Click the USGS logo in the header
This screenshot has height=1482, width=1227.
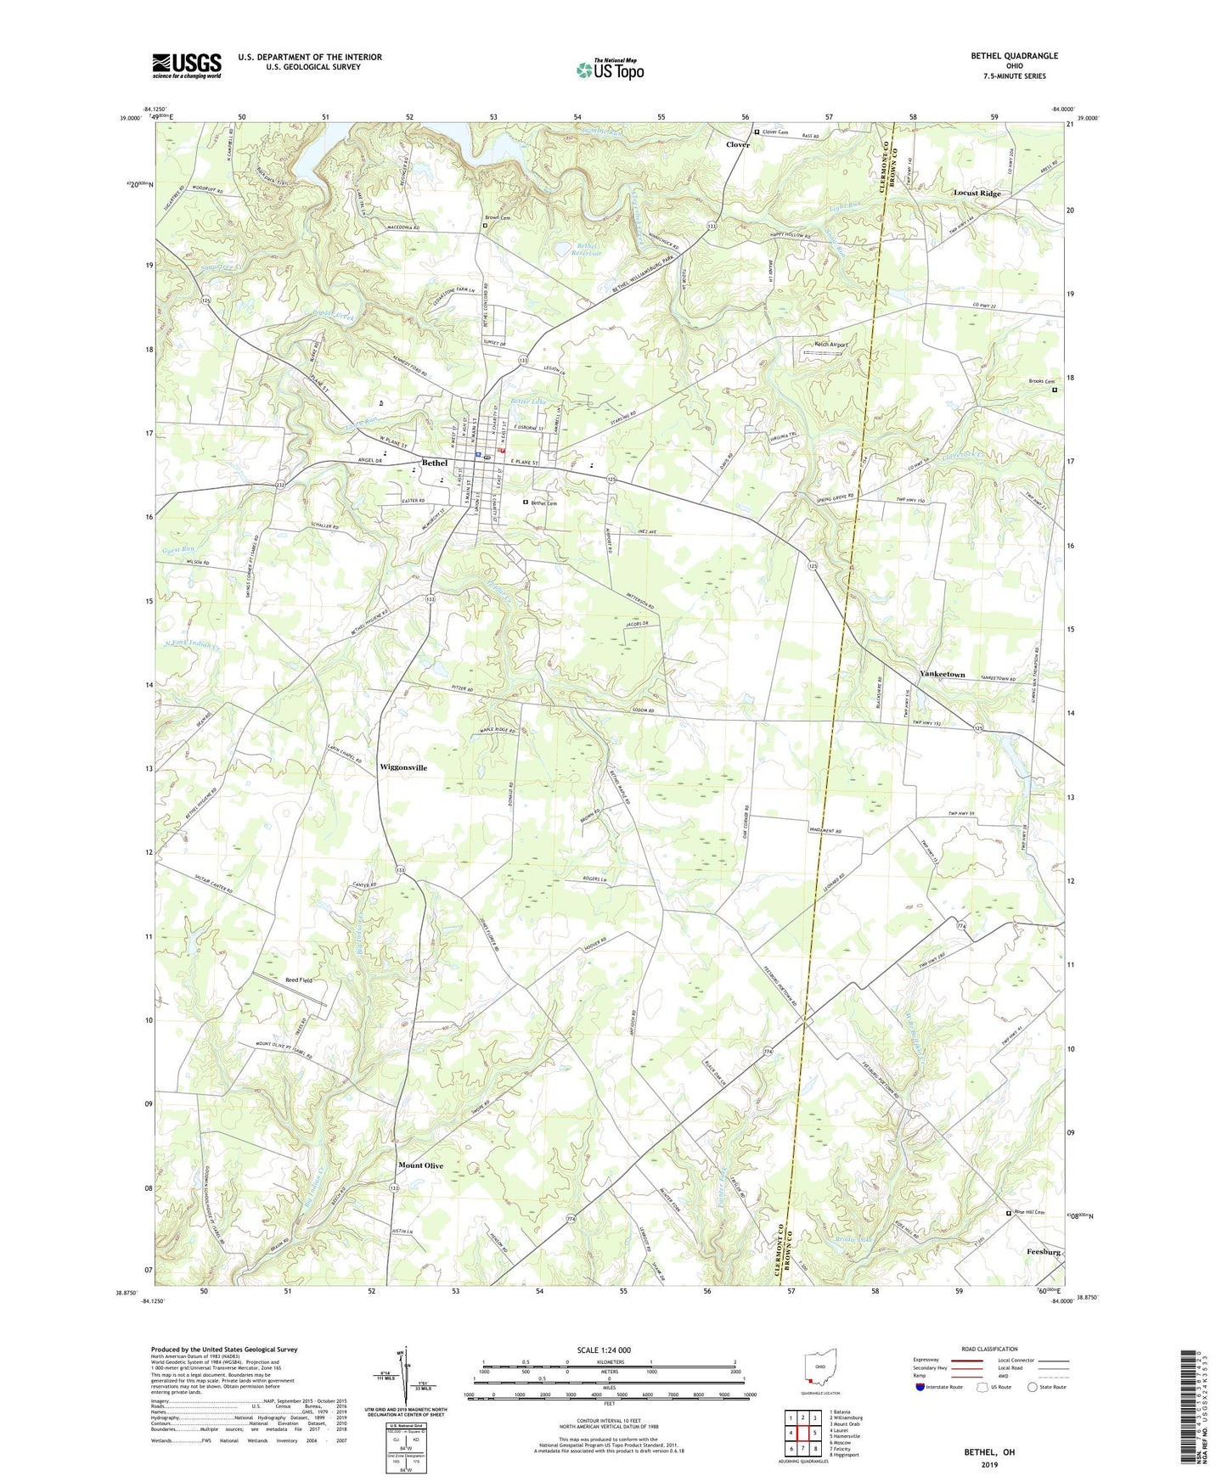click(187, 65)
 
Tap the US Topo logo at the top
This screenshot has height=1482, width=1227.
click(609, 70)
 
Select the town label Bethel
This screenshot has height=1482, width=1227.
click(434, 463)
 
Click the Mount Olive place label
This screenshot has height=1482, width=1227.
click(420, 1165)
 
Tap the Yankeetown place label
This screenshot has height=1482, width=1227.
click(943, 674)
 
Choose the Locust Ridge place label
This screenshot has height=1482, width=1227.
click(977, 194)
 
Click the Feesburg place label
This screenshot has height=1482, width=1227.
click(1043, 1252)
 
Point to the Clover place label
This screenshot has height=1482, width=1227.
click(737, 145)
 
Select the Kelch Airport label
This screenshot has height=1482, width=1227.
click(830, 345)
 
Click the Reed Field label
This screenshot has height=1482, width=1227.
click(299, 980)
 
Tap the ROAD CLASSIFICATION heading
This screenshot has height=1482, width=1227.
click(989, 1350)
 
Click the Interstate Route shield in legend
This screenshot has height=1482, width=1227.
click(920, 1387)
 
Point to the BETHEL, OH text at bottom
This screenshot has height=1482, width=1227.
click(988, 1452)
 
